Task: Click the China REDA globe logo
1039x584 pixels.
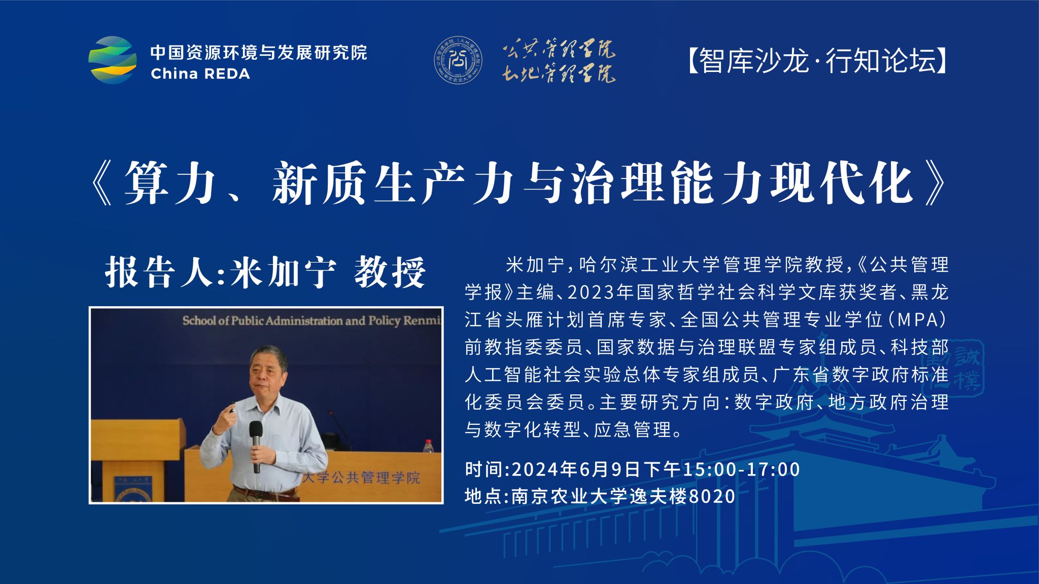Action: click(113, 60)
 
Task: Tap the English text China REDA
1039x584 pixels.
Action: click(200, 74)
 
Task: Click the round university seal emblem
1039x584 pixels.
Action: click(458, 60)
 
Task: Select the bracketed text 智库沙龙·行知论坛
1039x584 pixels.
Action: click(817, 61)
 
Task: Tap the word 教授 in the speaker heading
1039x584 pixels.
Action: click(390, 272)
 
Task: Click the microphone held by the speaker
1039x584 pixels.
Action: click(256, 446)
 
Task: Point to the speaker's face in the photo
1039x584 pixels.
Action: click(267, 375)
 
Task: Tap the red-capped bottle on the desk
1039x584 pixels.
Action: click(428, 446)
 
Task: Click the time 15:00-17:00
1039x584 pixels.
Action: click(741, 469)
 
